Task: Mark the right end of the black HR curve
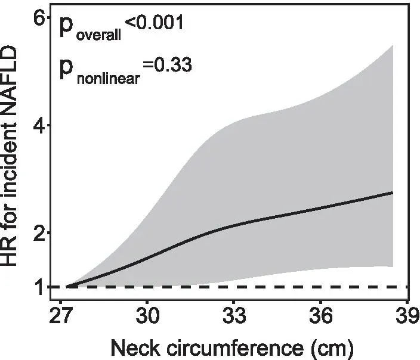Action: (393, 193)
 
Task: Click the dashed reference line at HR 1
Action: (239, 287)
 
